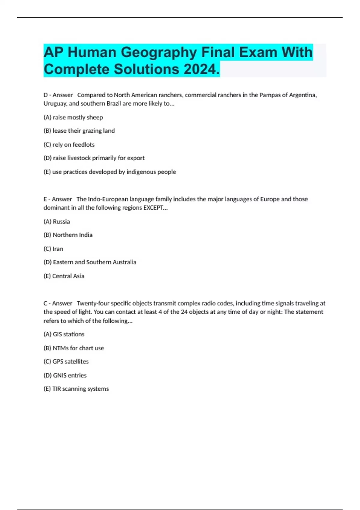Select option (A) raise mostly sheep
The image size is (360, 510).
(x=73, y=117)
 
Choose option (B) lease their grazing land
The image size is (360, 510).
(x=79, y=131)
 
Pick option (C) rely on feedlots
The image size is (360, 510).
(x=69, y=145)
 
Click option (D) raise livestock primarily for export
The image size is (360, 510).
(x=94, y=158)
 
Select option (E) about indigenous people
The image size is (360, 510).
(x=110, y=172)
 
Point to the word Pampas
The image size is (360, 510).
(x=270, y=95)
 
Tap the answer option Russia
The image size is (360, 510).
(x=57, y=222)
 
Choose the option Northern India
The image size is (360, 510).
(x=68, y=235)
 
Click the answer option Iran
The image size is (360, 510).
(x=53, y=249)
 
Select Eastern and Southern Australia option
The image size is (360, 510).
(x=90, y=262)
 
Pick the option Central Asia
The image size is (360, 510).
(x=64, y=276)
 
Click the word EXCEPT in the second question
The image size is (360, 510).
(x=154, y=208)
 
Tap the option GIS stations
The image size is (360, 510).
(x=64, y=334)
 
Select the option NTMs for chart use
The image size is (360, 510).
(x=74, y=348)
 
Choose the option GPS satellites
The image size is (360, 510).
(x=66, y=361)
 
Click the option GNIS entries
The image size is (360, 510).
(x=65, y=375)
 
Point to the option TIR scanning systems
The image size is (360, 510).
(x=76, y=389)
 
